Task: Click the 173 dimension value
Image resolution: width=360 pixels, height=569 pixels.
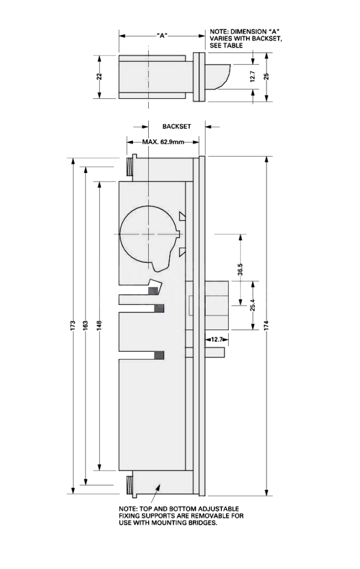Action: click(73, 325)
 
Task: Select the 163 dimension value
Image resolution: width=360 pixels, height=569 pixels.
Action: click(86, 325)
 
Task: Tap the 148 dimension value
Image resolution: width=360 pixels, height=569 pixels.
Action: click(99, 325)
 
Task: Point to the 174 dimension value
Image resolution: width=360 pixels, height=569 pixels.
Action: click(267, 325)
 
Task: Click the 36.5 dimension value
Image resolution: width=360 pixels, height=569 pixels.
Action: click(240, 270)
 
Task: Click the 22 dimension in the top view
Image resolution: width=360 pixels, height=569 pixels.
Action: click(99, 76)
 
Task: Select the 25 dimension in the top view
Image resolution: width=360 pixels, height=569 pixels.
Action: click(267, 76)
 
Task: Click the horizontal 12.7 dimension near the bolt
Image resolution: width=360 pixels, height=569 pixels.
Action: click(217, 339)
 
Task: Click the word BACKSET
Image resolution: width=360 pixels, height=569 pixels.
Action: click(176, 127)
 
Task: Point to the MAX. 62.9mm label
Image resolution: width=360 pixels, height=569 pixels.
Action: click(163, 142)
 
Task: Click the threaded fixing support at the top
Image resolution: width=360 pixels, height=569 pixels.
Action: click(130, 166)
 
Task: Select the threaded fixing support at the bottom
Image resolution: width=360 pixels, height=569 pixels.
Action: click(130, 484)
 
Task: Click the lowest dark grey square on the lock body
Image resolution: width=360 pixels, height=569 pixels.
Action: click(159, 355)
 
